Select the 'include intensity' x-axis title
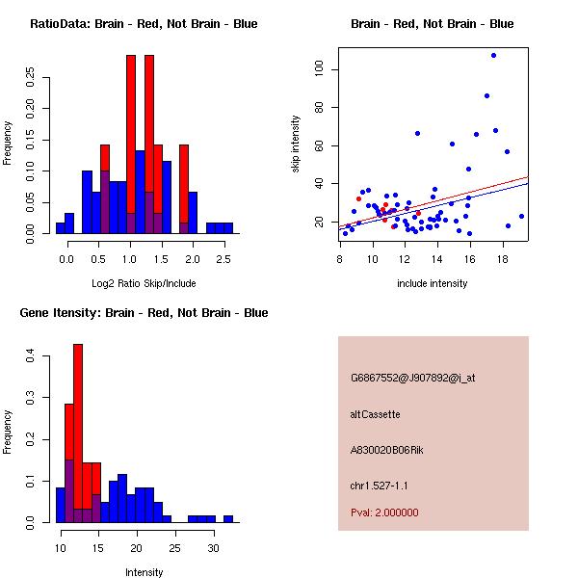point(433,283)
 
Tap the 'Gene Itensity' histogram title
point(144,313)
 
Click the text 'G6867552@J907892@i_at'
point(413,378)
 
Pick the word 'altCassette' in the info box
point(376,414)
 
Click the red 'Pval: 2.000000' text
point(384,512)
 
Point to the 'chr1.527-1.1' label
point(380,485)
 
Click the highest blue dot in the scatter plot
point(493,55)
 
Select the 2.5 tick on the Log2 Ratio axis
point(223,259)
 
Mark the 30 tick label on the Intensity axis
point(214,546)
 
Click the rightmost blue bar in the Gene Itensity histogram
point(228,518)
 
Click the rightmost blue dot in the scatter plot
point(521,216)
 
